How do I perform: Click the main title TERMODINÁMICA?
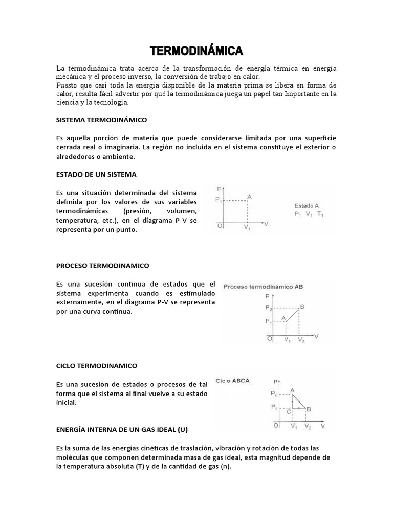195,51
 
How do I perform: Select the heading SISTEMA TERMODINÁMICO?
101,119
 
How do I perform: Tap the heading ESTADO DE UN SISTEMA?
96,174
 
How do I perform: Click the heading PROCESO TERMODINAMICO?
102,266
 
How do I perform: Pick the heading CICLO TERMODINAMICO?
97,366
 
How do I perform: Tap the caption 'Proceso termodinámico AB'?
263,287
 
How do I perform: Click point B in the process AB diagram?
302,307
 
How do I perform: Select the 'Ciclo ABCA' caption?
233,381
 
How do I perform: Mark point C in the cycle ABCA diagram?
290,411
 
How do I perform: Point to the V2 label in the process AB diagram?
302,340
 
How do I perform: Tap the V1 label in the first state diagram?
247,227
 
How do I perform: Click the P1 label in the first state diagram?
219,200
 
